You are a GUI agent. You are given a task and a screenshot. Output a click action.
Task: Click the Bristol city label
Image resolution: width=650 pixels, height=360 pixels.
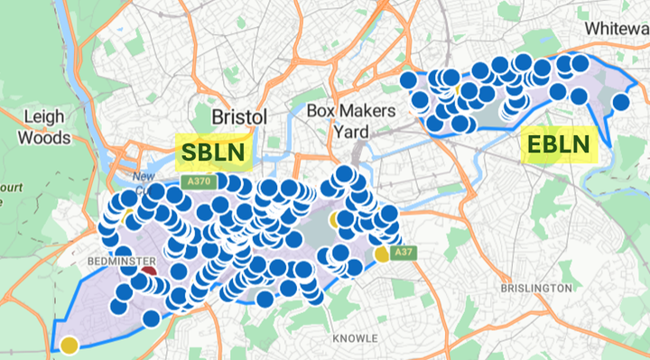239,118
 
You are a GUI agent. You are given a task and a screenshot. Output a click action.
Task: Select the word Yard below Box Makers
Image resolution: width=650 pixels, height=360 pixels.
351,132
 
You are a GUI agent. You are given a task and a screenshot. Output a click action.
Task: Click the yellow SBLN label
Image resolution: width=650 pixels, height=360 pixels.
213,152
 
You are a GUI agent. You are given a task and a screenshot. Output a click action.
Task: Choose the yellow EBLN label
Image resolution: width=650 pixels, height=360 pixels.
560,143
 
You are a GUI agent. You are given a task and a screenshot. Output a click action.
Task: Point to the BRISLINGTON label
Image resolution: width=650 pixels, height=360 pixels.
536,288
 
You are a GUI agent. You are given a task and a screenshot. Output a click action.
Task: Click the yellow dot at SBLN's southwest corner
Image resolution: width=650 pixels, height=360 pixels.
69,344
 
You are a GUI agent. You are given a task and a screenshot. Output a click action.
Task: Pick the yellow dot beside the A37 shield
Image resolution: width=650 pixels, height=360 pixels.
383,254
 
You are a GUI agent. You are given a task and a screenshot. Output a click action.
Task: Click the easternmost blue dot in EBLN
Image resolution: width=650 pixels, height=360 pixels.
620,102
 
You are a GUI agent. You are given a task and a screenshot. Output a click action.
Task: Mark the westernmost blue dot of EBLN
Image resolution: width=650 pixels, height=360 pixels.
409,79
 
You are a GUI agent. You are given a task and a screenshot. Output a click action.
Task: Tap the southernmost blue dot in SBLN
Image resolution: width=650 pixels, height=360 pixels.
152,318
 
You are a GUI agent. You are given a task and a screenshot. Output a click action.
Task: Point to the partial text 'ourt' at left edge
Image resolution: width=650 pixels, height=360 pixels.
11,187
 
